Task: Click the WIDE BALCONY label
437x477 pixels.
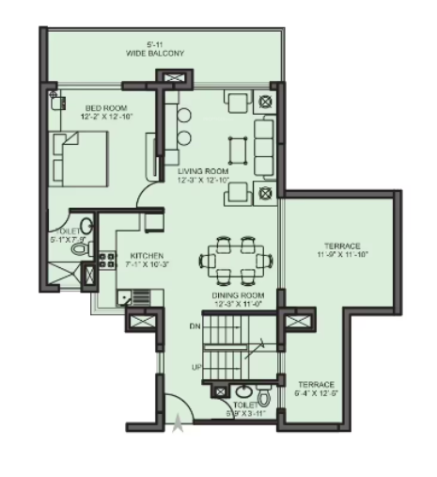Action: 155,54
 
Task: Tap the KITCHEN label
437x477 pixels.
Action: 148,255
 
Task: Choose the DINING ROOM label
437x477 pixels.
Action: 237,295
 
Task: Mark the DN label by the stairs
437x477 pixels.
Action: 195,327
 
